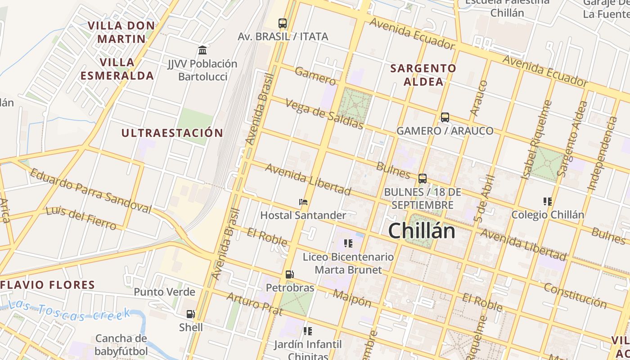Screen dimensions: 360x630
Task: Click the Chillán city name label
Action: (421, 231)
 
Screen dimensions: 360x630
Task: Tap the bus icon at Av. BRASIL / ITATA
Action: (283, 23)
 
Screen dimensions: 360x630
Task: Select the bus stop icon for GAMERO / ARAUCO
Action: (445, 117)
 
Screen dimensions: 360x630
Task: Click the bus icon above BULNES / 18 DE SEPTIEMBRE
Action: (423, 179)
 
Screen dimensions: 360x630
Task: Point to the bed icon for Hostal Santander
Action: (303, 202)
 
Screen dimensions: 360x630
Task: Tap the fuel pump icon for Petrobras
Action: (290, 274)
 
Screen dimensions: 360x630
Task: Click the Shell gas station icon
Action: (191, 314)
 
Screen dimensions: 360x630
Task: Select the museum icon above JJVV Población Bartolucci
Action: (202, 50)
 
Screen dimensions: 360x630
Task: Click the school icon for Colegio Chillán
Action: (548, 201)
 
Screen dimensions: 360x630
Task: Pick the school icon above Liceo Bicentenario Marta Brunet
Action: (348, 243)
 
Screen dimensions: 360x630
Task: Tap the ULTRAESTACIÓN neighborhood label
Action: (172, 133)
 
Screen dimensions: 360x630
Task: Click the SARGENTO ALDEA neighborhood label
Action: (423, 75)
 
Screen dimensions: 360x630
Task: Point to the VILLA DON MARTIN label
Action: (121, 32)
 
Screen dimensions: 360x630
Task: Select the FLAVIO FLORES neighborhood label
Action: (48, 285)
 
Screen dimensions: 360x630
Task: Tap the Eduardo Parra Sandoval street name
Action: (90, 191)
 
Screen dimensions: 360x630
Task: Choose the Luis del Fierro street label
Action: (81, 218)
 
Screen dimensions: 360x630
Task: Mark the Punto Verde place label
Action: (164, 292)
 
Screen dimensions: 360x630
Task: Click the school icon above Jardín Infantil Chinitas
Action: (308, 331)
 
